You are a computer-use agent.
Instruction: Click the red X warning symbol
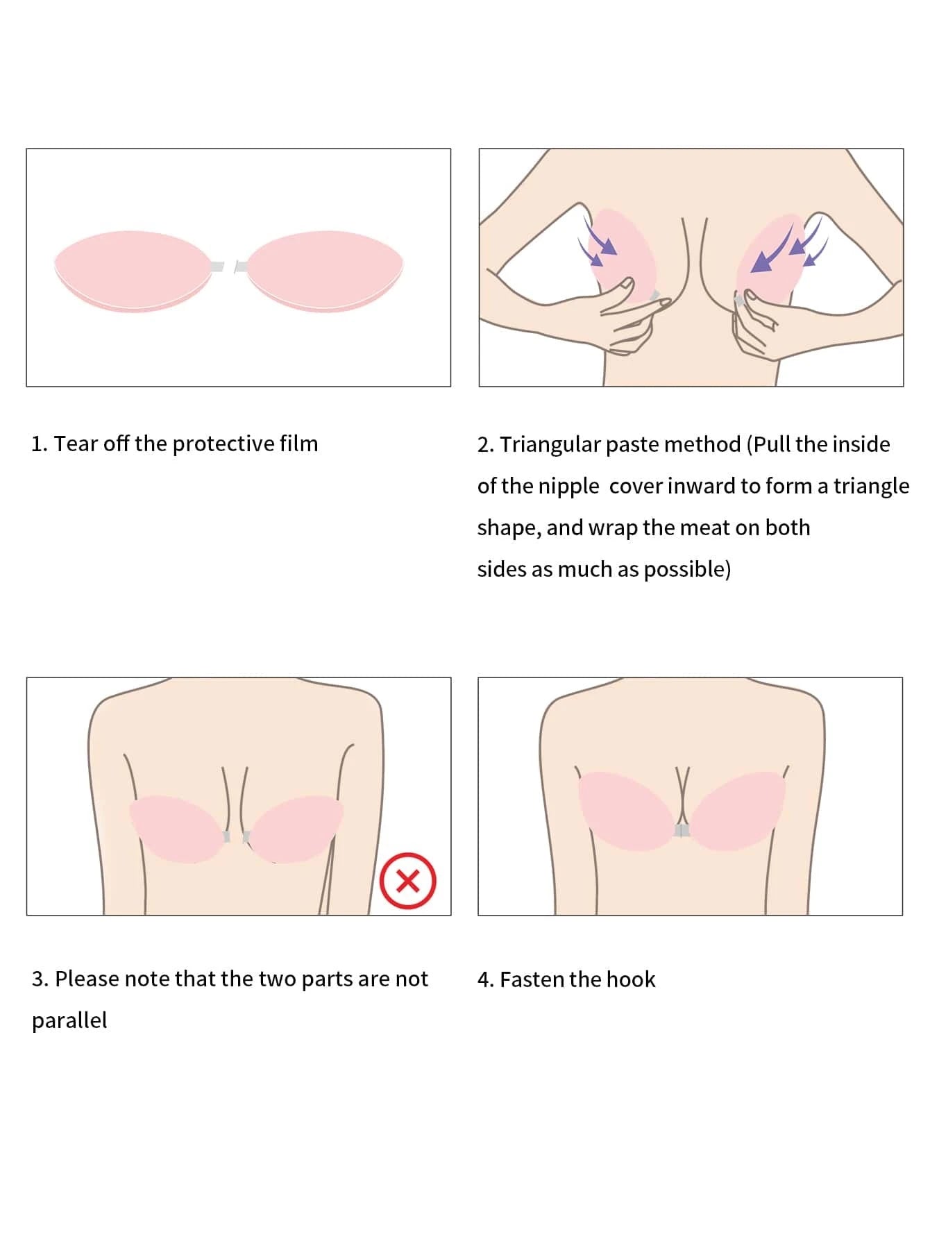[408, 880]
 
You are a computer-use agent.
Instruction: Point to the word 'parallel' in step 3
[69, 1020]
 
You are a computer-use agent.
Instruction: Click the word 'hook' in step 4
[631, 979]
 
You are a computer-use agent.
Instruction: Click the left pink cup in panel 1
[133, 271]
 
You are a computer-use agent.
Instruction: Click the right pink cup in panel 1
[325, 271]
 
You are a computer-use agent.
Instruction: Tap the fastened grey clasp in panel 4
[682, 830]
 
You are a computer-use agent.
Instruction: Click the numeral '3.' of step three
[40, 979]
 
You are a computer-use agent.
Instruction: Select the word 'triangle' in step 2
[871, 486]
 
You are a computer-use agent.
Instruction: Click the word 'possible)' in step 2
[687, 569]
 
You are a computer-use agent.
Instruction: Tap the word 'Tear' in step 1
[76, 444]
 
